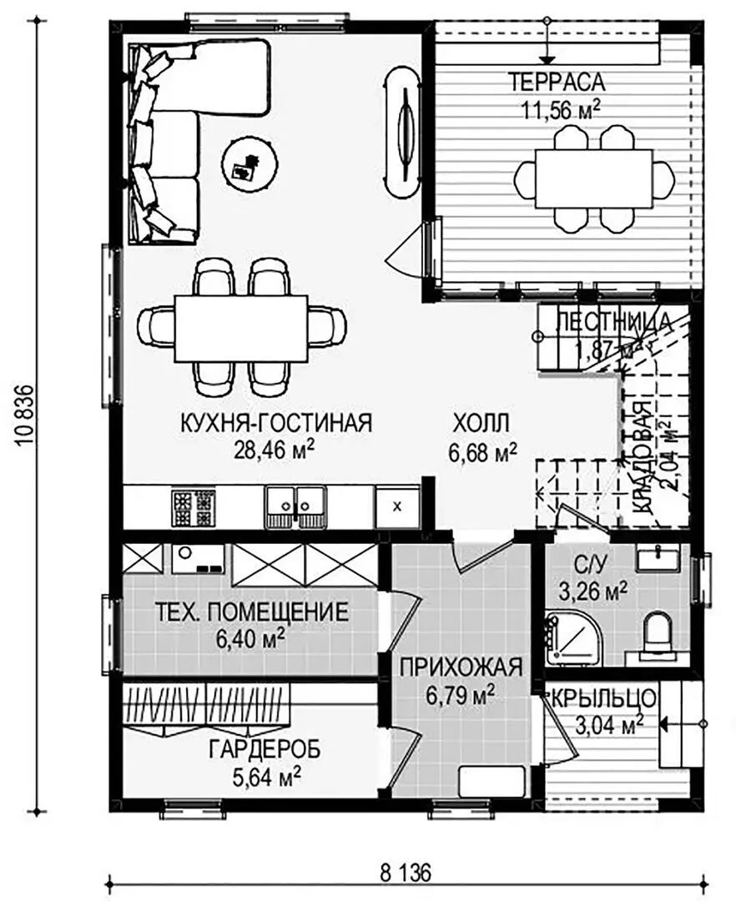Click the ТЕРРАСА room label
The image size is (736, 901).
click(556, 82)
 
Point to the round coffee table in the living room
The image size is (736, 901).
click(251, 163)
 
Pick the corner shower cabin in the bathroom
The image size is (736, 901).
click(572, 638)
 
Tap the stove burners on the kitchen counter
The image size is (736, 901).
click(193, 506)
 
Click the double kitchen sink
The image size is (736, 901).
click(295, 507)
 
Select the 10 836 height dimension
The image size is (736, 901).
click(26, 415)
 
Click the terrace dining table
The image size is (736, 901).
click(594, 179)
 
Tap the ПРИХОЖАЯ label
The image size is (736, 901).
click(461, 667)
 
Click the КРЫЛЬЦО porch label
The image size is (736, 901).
click(603, 699)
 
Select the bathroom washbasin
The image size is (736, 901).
click(658, 557)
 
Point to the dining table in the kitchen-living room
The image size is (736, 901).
click(242, 328)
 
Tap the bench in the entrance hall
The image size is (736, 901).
click(492, 782)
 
